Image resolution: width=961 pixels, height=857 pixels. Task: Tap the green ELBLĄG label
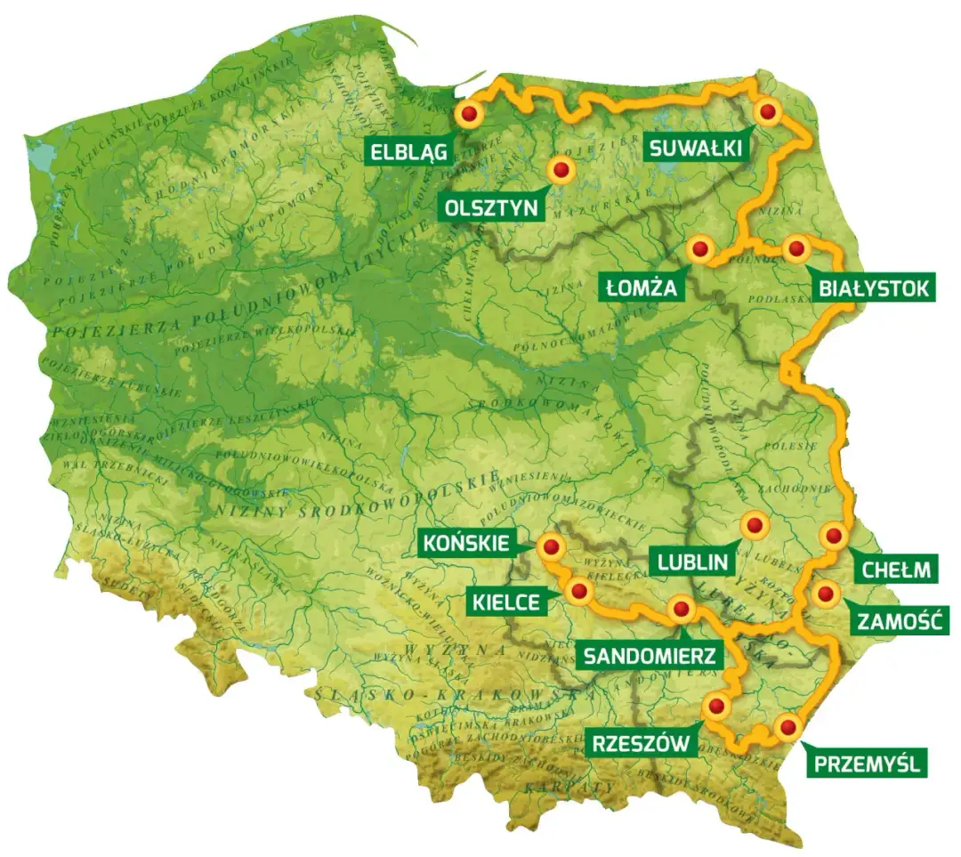coord(408,151)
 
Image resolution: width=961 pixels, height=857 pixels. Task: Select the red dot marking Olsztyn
coord(561,169)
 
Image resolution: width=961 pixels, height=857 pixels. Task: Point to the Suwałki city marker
coord(767,112)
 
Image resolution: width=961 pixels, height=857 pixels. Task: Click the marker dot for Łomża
coord(700,250)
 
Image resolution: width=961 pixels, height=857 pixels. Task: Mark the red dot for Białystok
coord(796,249)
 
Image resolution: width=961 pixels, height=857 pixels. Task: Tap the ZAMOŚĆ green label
coord(898,620)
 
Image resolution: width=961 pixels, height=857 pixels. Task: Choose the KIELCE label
coord(506,602)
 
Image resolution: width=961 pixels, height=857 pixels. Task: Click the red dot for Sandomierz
coord(682,610)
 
